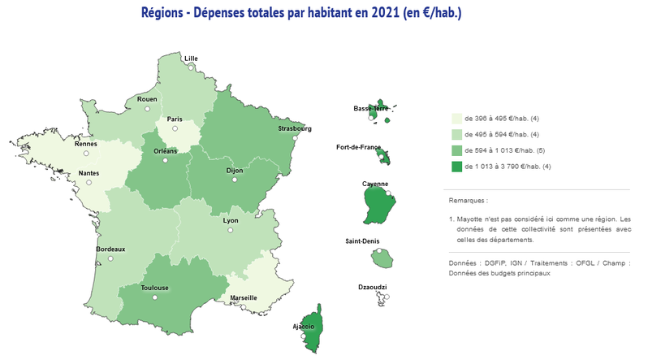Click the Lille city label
[x=191, y=59]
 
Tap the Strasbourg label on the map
[x=294, y=128]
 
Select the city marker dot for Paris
[x=175, y=128]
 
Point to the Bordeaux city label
[x=110, y=248]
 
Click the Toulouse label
[x=154, y=288]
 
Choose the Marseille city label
[x=243, y=297]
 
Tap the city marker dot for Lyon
[x=231, y=230]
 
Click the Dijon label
[x=234, y=171]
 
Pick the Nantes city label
[x=89, y=173]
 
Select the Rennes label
[x=85, y=144]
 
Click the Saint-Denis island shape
[x=380, y=258]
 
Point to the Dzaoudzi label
[x=373, y=288]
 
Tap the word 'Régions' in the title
[x=166, y=14]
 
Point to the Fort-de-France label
[x=358, y=147]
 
